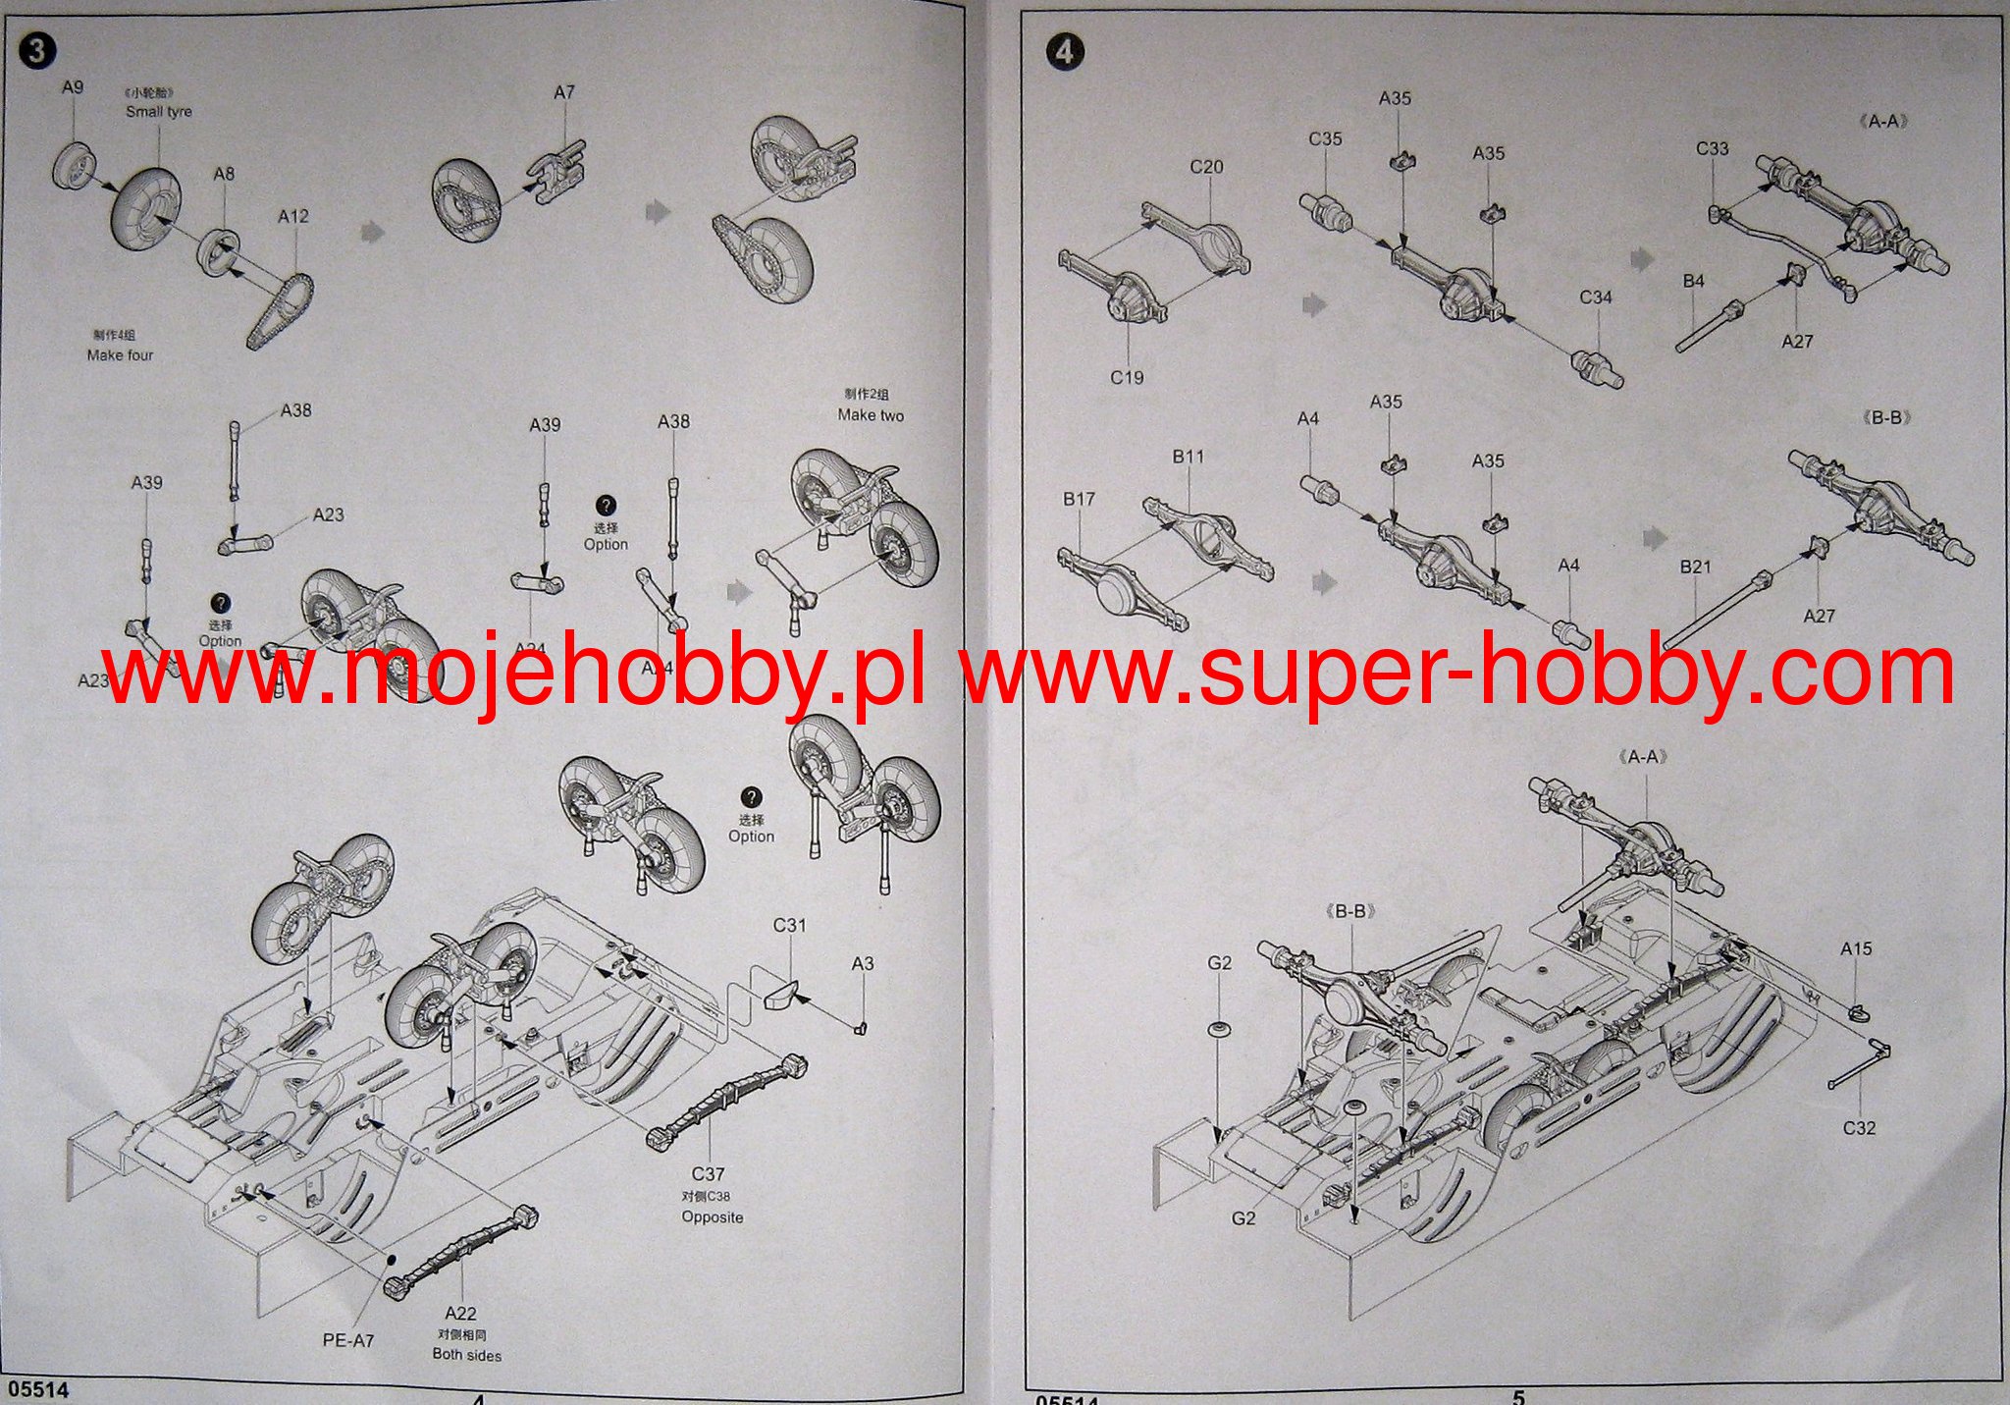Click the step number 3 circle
[x=36, y=50]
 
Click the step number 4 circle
[x=1065, y=50]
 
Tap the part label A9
[x=73, y=87]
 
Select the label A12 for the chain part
[x=292, y=216]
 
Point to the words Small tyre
[x=158, y=112]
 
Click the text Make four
[x=120, y=355]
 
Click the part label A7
[x=563, y=92]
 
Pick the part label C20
[x=1206, y=167]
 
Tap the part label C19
[x=1127, y=377]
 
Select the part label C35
[x=1325, y=139]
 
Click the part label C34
[x=1596, y=297]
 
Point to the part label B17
[x=1079, y=499]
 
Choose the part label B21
[x=1695, y=567]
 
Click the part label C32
[x=1859, y=1128]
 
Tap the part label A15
[x=1856, y=949]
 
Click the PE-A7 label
[x=348, y=1340]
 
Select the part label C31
[x=789, y=925]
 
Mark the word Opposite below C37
[x=713, y=1217]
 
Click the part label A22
[x=460, y=1314]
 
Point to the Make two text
[x=871, y=415]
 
